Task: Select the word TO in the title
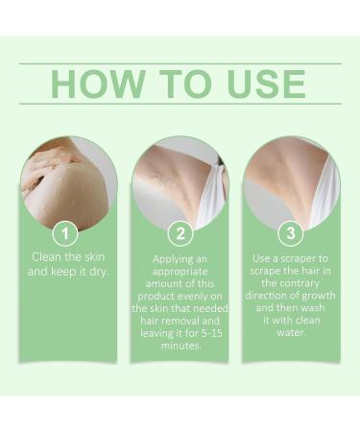[178, 84]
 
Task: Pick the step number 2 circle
[180, 233]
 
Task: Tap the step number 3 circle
[291, 233]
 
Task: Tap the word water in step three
[292, 336]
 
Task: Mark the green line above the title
[180, 63]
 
